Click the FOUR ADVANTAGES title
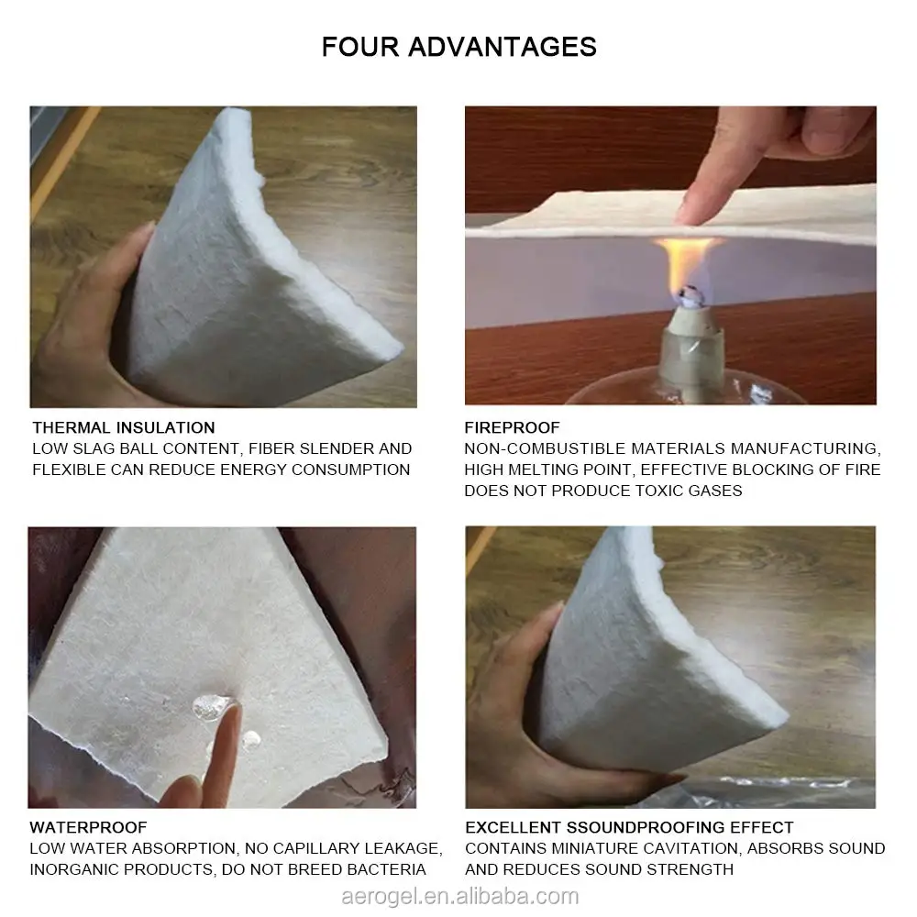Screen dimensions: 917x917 click(458, 47)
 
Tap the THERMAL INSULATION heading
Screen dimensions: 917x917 click(124, 427)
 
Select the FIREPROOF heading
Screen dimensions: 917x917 click(512, 427)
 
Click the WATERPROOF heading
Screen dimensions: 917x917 click(88, 828)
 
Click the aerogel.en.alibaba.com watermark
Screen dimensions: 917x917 click(458, 896)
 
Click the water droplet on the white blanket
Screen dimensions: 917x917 click(213, 706)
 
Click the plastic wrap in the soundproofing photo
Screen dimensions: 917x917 click(789, 789)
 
